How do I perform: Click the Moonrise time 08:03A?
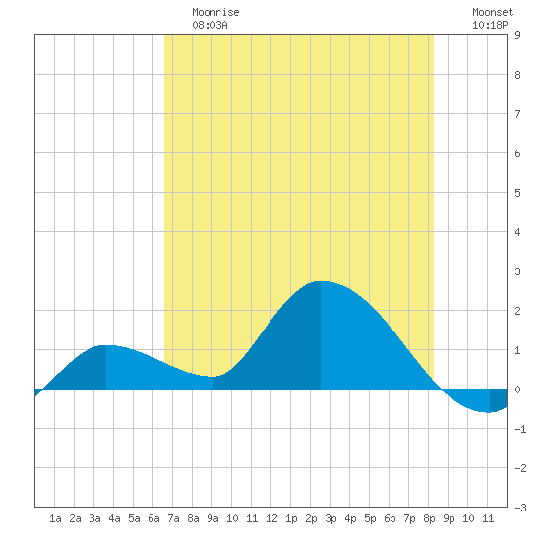[210, 25]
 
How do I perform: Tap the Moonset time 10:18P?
[490, 25]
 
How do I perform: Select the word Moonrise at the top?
[215, 12]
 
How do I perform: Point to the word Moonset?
[493, 12]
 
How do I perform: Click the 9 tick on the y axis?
[517, 35]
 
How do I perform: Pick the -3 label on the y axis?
[520, 508]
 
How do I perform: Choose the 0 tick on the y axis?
[517, 390]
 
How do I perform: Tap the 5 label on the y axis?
[517, 193]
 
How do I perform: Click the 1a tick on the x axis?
[55, 518]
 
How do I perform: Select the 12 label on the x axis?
[271, 518]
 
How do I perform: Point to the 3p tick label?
[331, 518]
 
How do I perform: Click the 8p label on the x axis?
[429, 518]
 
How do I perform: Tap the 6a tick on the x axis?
[153, 518]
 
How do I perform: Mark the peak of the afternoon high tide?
[321, 281]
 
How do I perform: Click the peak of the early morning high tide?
[106, 345]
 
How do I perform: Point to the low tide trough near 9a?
[212, 377]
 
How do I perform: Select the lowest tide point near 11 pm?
[489, 412]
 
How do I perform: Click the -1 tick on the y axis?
[520, 429]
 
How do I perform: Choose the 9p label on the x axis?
[449, 518]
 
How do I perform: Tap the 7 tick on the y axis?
[517, 114]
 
